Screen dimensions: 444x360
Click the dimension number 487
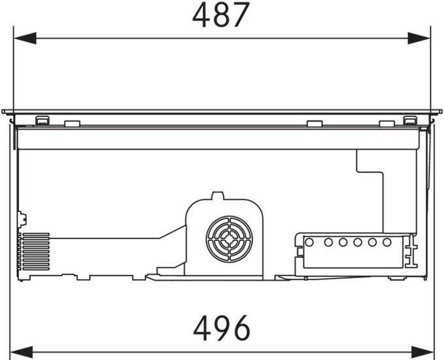point(221,15)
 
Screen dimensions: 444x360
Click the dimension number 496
point(222,328)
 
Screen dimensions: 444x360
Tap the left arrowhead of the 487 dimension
point(25,38)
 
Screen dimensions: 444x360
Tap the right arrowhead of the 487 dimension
point(419,38)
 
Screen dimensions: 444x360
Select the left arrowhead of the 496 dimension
point(22,352)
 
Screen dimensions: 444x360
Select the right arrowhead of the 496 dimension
point(423,352)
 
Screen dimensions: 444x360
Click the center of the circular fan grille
point(230,240)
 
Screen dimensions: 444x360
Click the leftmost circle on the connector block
point(309,242)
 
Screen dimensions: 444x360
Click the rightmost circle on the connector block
point(387,242)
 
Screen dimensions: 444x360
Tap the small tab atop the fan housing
point(218,196)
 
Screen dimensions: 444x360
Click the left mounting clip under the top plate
point(43,120)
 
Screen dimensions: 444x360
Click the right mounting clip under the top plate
point(410,120)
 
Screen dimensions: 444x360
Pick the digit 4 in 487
point(201,15)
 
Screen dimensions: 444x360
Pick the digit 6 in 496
point(241,328)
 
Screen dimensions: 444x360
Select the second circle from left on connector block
point(328,242)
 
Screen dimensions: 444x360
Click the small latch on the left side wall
point(22,219)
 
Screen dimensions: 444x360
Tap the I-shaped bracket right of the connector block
point(412,251)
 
